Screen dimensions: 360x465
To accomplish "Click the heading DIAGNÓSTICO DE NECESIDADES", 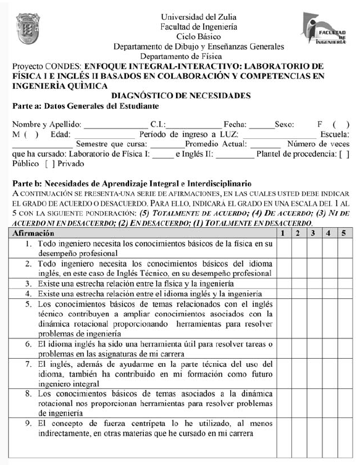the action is click(180, 96).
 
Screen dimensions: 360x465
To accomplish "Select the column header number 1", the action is click(283, 233).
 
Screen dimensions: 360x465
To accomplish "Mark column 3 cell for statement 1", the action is click(313, 248).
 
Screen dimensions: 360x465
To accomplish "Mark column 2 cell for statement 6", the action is click(298, 348).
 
